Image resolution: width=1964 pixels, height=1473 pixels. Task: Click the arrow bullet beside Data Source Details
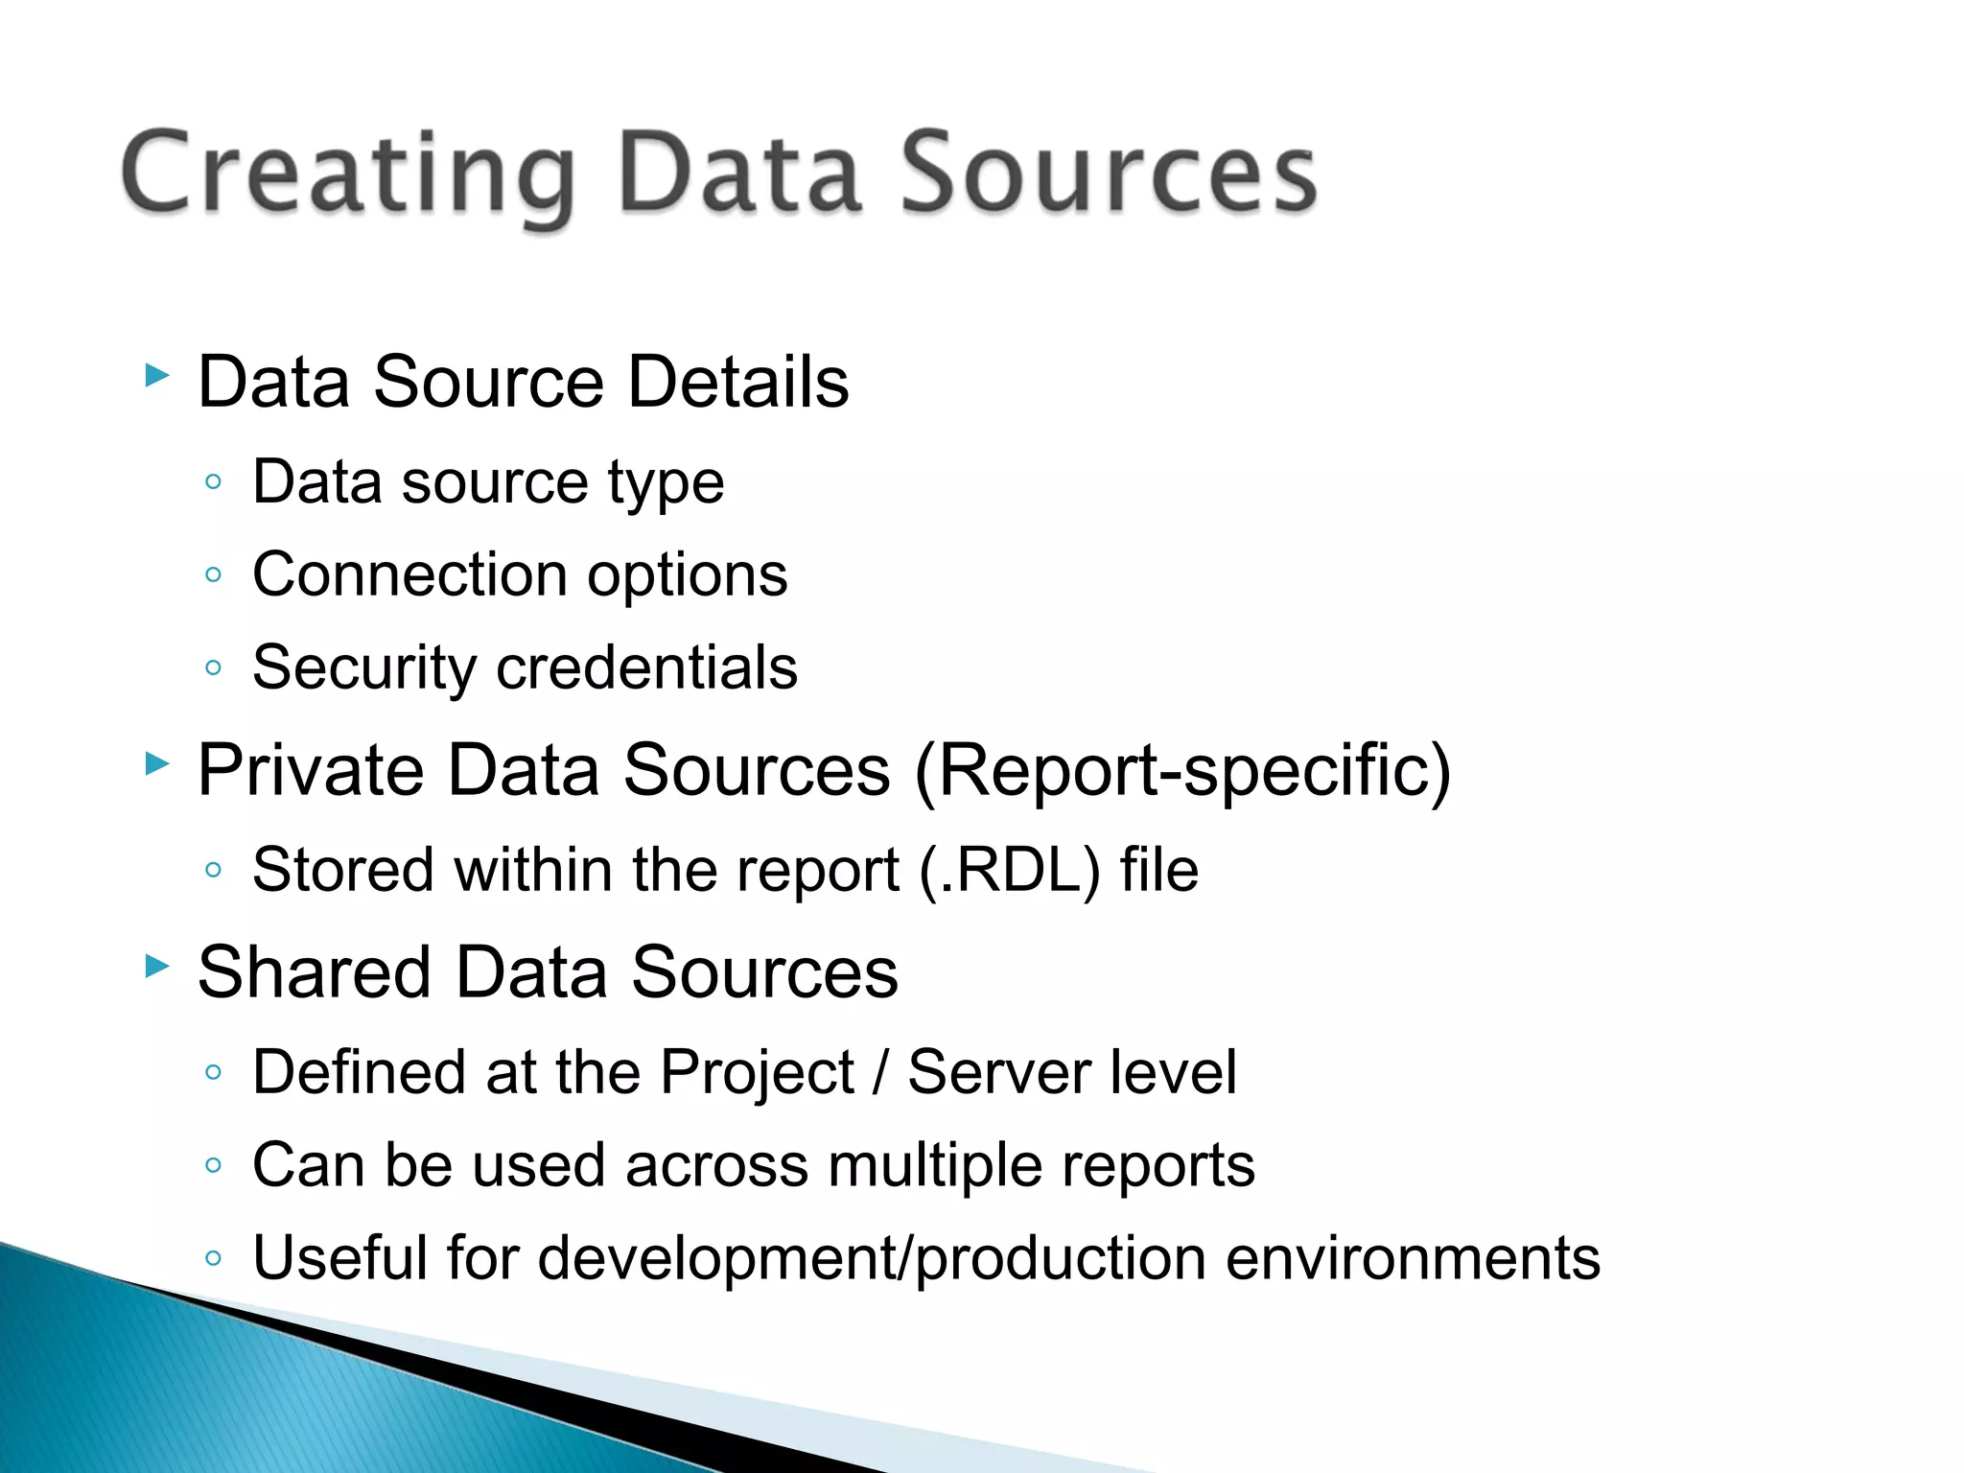click(x=157, y=375)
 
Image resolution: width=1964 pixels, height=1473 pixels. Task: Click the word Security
click(x=363, y=668)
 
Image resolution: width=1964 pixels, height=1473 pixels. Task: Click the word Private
click(x=311, y=770)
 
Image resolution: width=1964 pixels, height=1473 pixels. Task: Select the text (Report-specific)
click(x=1182, y=772)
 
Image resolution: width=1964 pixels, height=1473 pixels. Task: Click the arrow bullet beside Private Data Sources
click(x=157, y=763)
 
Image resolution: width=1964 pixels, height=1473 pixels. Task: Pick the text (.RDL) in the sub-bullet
click(x=1009, y=871)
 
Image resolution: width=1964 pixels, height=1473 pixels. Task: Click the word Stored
click(x=342, y=871)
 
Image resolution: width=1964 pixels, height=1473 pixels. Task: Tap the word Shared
click(x=315, y=972)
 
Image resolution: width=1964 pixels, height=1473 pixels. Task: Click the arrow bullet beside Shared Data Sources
click(x=157, y=966)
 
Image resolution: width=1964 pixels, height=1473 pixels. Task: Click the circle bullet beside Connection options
click(x=214, y=575)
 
